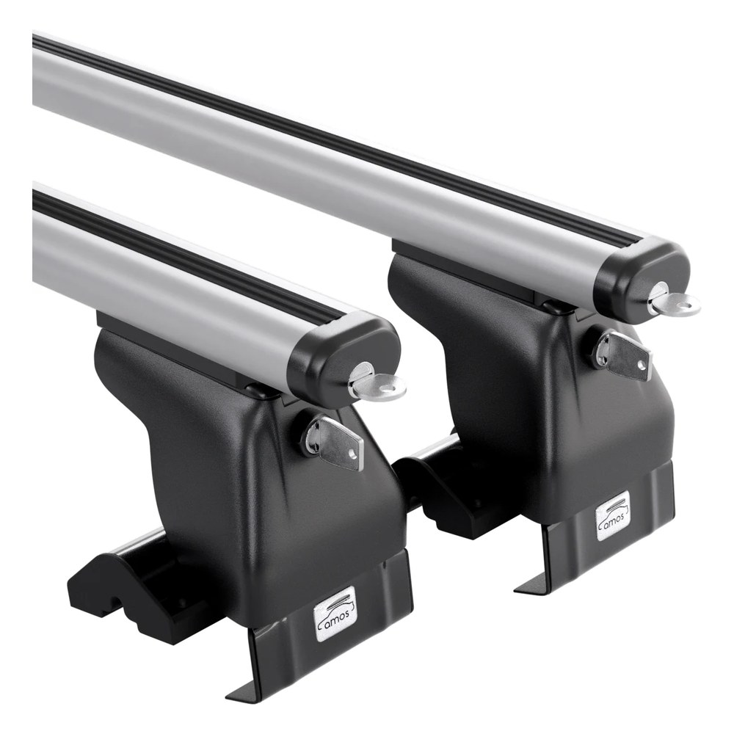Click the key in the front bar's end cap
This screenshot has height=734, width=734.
[377, 384]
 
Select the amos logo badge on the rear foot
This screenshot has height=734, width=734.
[613, 515]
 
